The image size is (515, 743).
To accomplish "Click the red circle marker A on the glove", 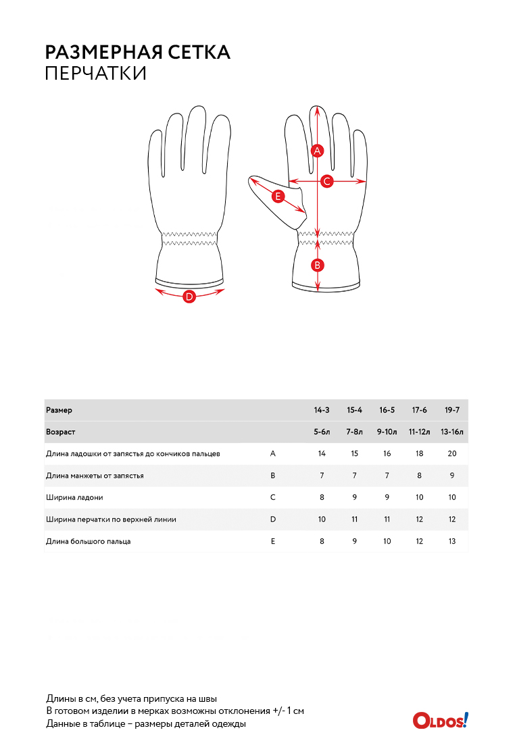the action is (317, 151).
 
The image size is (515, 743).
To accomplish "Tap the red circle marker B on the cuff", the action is (317, 265).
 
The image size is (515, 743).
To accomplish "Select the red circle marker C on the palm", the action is (326, 181).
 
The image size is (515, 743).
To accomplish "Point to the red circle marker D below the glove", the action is (189, 297).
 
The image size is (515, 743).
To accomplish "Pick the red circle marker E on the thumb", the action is (278, 196).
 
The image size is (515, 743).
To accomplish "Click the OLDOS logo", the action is (441, 720).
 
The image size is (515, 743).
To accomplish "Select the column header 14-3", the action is (322, 410).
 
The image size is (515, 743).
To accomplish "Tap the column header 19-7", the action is (452, 410).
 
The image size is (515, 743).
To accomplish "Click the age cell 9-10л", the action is (387, 432).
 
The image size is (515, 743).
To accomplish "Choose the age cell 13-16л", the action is (452, 432).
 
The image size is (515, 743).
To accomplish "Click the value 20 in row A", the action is (452, 453).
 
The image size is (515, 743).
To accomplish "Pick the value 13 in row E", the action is (452, 541).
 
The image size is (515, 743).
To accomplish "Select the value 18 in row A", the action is (419, 453).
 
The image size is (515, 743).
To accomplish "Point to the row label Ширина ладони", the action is (74, 498).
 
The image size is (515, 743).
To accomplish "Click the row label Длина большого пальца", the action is (89, 541).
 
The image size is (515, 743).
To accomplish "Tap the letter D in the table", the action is (272, 519).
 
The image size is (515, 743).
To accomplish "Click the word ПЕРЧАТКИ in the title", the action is (96, 74).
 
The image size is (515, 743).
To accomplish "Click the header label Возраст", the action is (60, 432).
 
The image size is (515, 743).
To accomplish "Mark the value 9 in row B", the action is (452, 476).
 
